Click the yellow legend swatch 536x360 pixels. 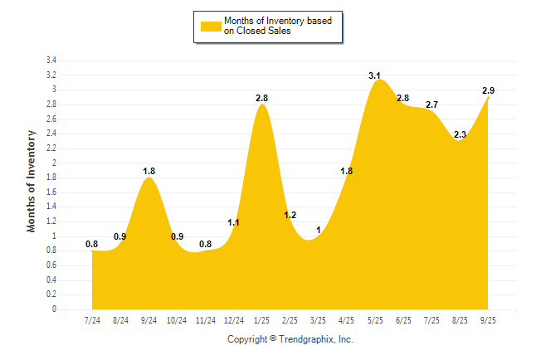[210, 26]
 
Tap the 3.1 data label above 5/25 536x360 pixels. [375, 75]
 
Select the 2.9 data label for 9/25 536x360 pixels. [489, 90]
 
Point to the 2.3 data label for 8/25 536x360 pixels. [460, 134]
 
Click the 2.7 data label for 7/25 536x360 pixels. [432, 105]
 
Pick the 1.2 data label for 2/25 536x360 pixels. [290, 215]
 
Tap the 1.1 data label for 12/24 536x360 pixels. [234, 222]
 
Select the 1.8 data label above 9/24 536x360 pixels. [149, 171]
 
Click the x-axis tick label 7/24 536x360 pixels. [92, 320]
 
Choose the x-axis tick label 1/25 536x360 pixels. [262, 320]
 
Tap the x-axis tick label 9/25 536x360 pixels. [489, 320]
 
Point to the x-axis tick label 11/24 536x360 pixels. [205, 320]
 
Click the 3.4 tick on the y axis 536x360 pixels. [51, 61]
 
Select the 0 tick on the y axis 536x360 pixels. [54, 309]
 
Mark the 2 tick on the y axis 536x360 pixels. [54, 163]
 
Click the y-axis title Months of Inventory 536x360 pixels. [32, 180]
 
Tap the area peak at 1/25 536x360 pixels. [262, 105]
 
